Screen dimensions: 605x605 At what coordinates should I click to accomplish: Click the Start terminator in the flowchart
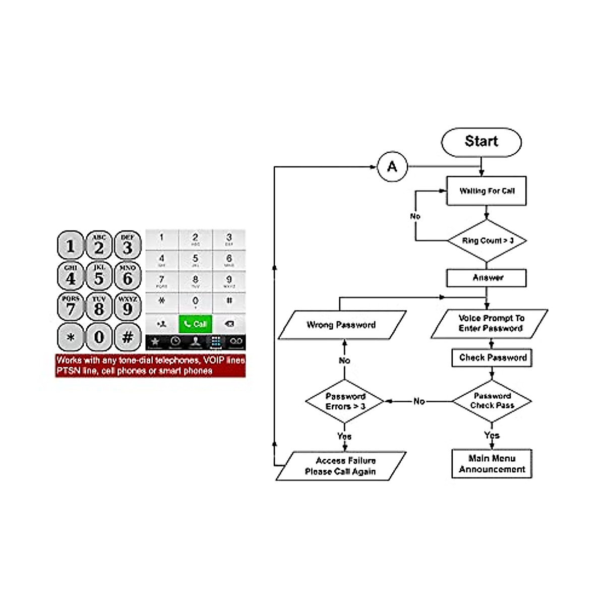(481, 142)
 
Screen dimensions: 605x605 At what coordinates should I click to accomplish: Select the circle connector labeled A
(392, 167)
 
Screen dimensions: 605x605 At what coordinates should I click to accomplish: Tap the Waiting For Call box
(487, 191)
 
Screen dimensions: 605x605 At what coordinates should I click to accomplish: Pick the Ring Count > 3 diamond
(487, 241)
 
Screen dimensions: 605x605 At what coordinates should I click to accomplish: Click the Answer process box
(487, 278)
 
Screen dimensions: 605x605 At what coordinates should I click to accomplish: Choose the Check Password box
(492, 358)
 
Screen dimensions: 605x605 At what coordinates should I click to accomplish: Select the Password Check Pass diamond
(492, 401)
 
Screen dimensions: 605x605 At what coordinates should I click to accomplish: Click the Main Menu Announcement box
(492, 464)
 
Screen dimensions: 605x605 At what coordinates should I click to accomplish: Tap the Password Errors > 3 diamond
(345, 402)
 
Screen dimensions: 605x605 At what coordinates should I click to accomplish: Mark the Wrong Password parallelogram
(341, 325)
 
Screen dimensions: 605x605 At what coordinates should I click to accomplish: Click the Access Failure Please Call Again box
(341, 466)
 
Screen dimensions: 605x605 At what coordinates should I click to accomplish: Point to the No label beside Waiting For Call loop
(415, 216)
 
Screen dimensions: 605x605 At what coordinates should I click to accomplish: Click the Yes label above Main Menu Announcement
(492, 435)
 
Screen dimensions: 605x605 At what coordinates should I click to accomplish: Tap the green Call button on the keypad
(196, 324)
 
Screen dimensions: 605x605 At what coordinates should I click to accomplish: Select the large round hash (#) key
(128, 337)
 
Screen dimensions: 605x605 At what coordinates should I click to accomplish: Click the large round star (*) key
(71, 337)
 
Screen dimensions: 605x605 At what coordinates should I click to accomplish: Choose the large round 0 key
(99, 337)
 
